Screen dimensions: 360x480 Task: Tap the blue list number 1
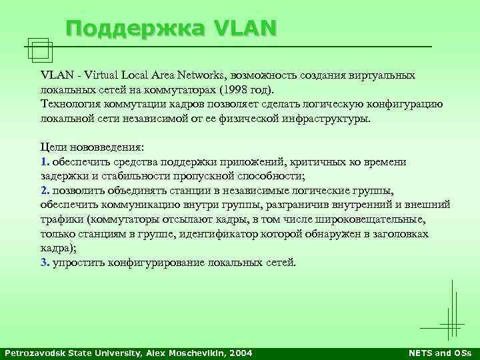43,162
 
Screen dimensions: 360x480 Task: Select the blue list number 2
44,191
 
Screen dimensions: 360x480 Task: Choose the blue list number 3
44,262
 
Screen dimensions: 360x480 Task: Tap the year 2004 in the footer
240,352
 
